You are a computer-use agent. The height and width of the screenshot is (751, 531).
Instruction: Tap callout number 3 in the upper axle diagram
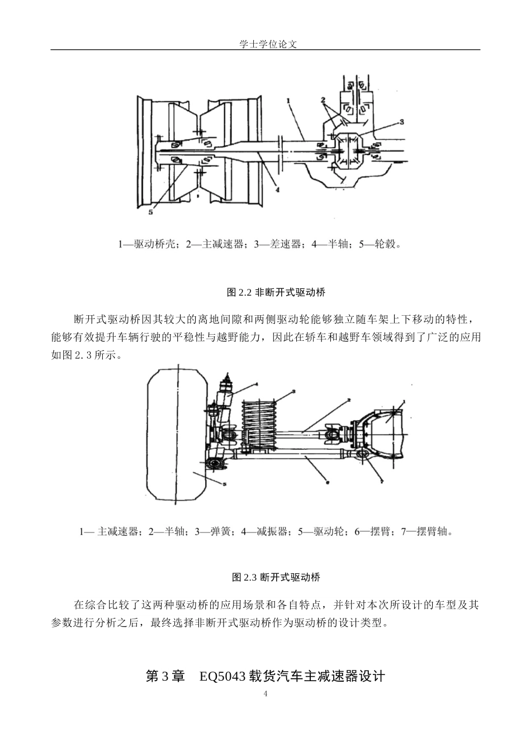coord(401,121)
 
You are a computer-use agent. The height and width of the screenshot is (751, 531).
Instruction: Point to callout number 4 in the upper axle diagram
coord(277,189)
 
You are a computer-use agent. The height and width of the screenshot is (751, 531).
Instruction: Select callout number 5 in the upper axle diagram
coord(150,212)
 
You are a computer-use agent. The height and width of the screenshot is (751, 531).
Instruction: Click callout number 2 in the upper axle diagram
coord(323,100)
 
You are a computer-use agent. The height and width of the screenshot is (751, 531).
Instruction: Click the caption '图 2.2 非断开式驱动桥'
coord(276,292)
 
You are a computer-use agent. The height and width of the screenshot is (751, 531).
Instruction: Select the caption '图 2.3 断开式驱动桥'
coord(276,577)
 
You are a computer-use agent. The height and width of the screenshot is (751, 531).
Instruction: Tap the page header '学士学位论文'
coord(265,44)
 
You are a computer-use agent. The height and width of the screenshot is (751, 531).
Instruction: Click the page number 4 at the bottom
coord(265,695)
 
